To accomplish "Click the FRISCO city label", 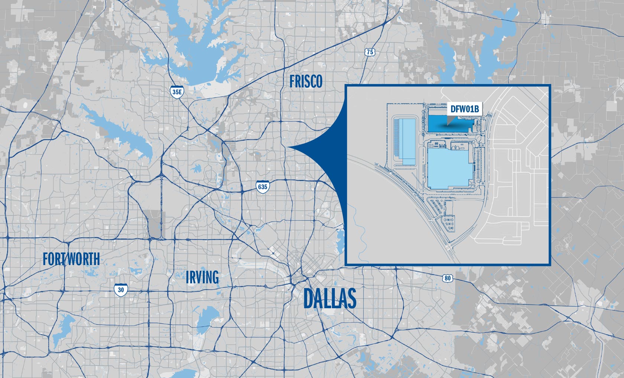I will tap(306, 82).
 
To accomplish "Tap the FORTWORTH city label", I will tap(71, 259).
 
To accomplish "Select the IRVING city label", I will tap(202, 277).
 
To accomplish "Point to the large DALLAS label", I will tap(329, 299).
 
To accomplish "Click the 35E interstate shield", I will tap(177, 92).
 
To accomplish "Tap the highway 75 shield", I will tap(369, 52).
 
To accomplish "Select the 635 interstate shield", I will tap(262, 186).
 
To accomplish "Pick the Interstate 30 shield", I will tap(121, 290).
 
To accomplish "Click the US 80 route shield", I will tap(448, 278).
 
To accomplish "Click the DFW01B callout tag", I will tap(464, 109).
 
